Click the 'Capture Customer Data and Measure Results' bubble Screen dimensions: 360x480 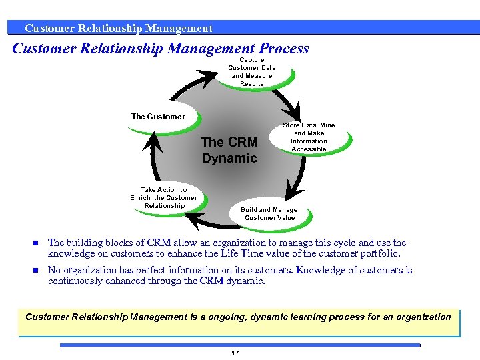click(x=251, y=72)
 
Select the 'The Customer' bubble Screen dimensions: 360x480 click(x=159, y=117)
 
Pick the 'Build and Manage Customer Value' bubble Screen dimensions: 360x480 click(x=269, y=214)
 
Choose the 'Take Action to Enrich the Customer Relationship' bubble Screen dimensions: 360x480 click(x=164, y=198)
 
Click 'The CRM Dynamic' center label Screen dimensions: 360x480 click(x=229, y=150)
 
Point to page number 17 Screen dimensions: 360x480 click(x=235, y=353)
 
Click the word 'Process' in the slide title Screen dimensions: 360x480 click(x=283, y=49)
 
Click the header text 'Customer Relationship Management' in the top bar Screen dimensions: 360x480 click(x=119, y=28)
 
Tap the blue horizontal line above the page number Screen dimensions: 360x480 click(x=240, y=345)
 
